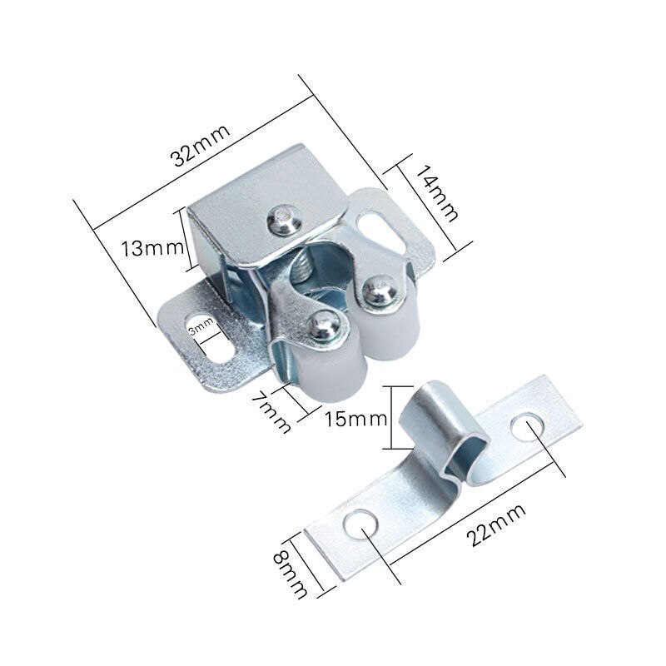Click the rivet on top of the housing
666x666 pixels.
coord(283,219)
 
